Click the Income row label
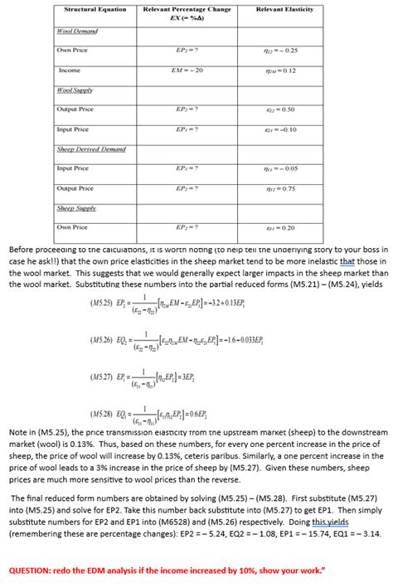click(x=70, y=70)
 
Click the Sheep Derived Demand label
click(x=91, y=149)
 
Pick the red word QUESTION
click(x=34, y=571)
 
